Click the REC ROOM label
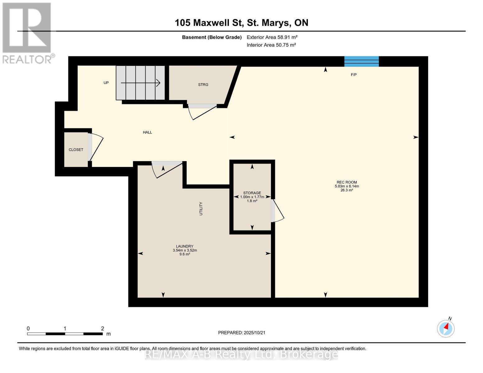[346, 182]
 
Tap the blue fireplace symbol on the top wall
[361, 61]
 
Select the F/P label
[354, 75]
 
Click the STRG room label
[203, 85]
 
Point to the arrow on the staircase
[141, 83]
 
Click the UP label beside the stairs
[106, 83]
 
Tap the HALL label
[147, 132]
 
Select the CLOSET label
[76, 150]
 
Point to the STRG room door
[202, 111]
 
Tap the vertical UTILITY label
[201, 209]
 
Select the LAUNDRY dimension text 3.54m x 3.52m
[185, 250]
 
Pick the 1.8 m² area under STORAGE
[252, 201]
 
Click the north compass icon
[446, 328]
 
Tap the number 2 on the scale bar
[103, 329]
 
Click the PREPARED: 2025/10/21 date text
[242, 333]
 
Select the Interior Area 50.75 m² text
[271, 45]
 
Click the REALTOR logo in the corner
[27, 33]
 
